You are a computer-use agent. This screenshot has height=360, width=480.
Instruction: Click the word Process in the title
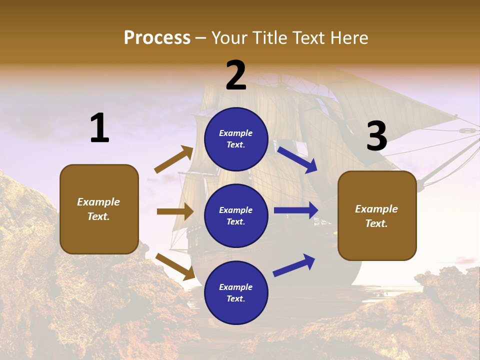point(157,38)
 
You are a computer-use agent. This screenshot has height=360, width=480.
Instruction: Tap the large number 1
point(99,128)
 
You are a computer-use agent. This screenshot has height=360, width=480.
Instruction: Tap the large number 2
point(236,75)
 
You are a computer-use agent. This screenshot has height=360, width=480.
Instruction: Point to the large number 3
point(376,136)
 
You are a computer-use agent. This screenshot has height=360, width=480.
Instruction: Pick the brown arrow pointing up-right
point(173,159)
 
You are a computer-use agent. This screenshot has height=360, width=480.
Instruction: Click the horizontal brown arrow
point(175,211)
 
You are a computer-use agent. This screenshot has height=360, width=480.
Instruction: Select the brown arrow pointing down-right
point(175,266)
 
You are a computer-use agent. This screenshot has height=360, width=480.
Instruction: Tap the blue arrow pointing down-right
point(297,159)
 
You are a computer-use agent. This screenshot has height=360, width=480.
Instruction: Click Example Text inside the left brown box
point(98,209)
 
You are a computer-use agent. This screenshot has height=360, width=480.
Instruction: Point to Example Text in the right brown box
point(376,216)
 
